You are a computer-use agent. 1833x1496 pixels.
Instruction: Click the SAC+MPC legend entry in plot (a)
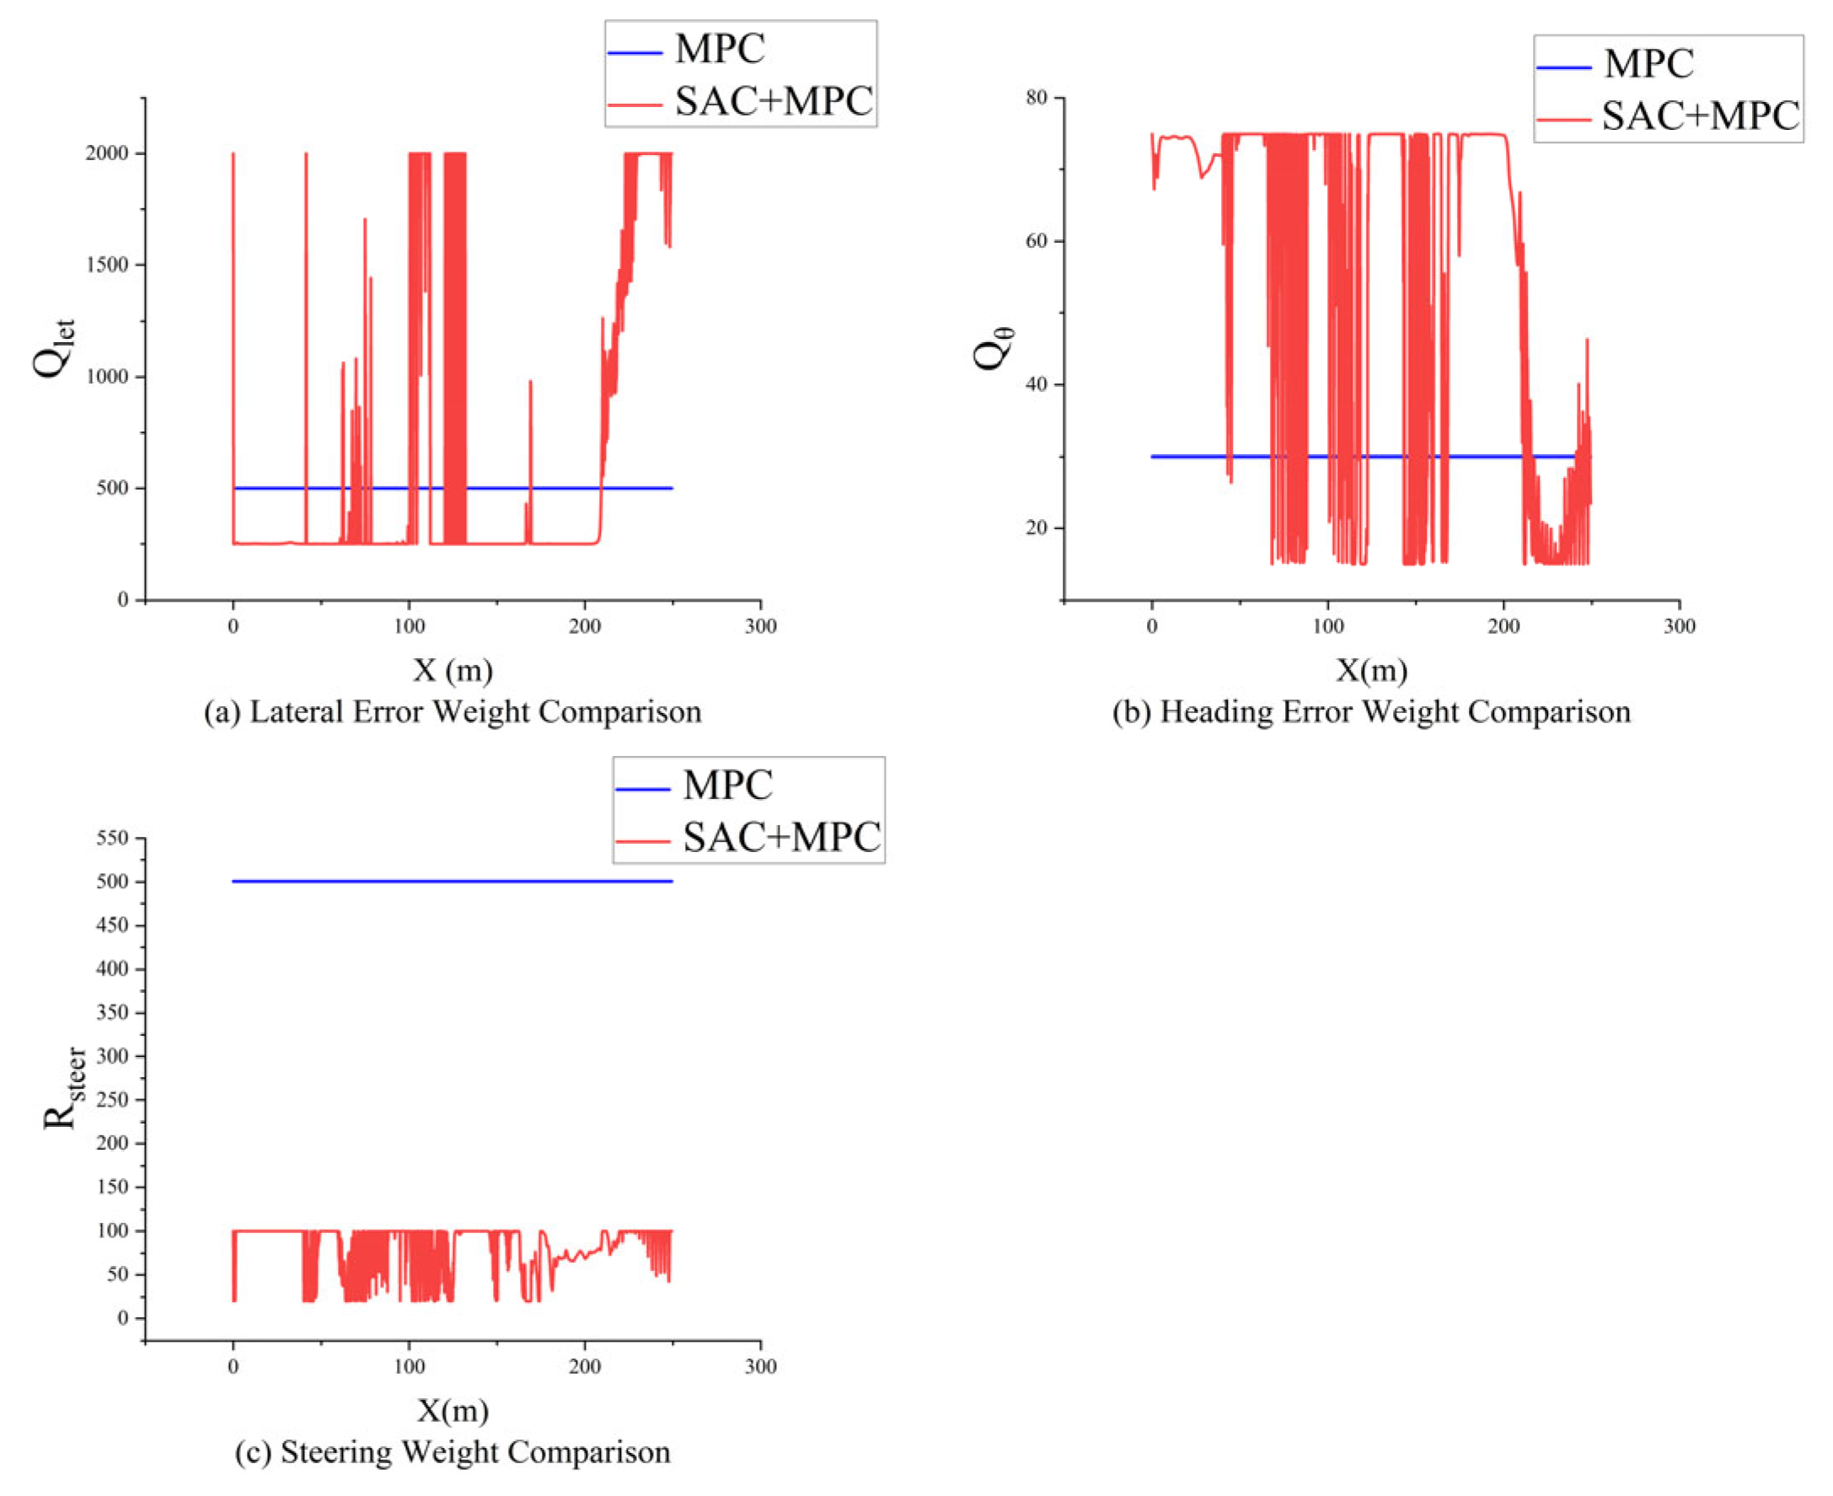point(741,102)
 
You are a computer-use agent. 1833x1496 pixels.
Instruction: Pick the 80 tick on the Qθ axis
point(1037,99)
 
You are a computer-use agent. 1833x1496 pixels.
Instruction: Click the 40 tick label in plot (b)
point(1037,385)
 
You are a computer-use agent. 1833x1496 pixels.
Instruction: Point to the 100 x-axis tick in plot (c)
point(410,1368)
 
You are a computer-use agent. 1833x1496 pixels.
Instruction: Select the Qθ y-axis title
point(994,350)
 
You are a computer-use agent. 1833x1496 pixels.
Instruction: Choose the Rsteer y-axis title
point(65,1088)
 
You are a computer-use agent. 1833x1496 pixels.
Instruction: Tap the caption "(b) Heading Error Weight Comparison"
point(1372,714)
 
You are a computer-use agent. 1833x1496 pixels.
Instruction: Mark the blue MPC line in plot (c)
point(453,882)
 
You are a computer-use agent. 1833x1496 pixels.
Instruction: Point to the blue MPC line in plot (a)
point(453,489)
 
